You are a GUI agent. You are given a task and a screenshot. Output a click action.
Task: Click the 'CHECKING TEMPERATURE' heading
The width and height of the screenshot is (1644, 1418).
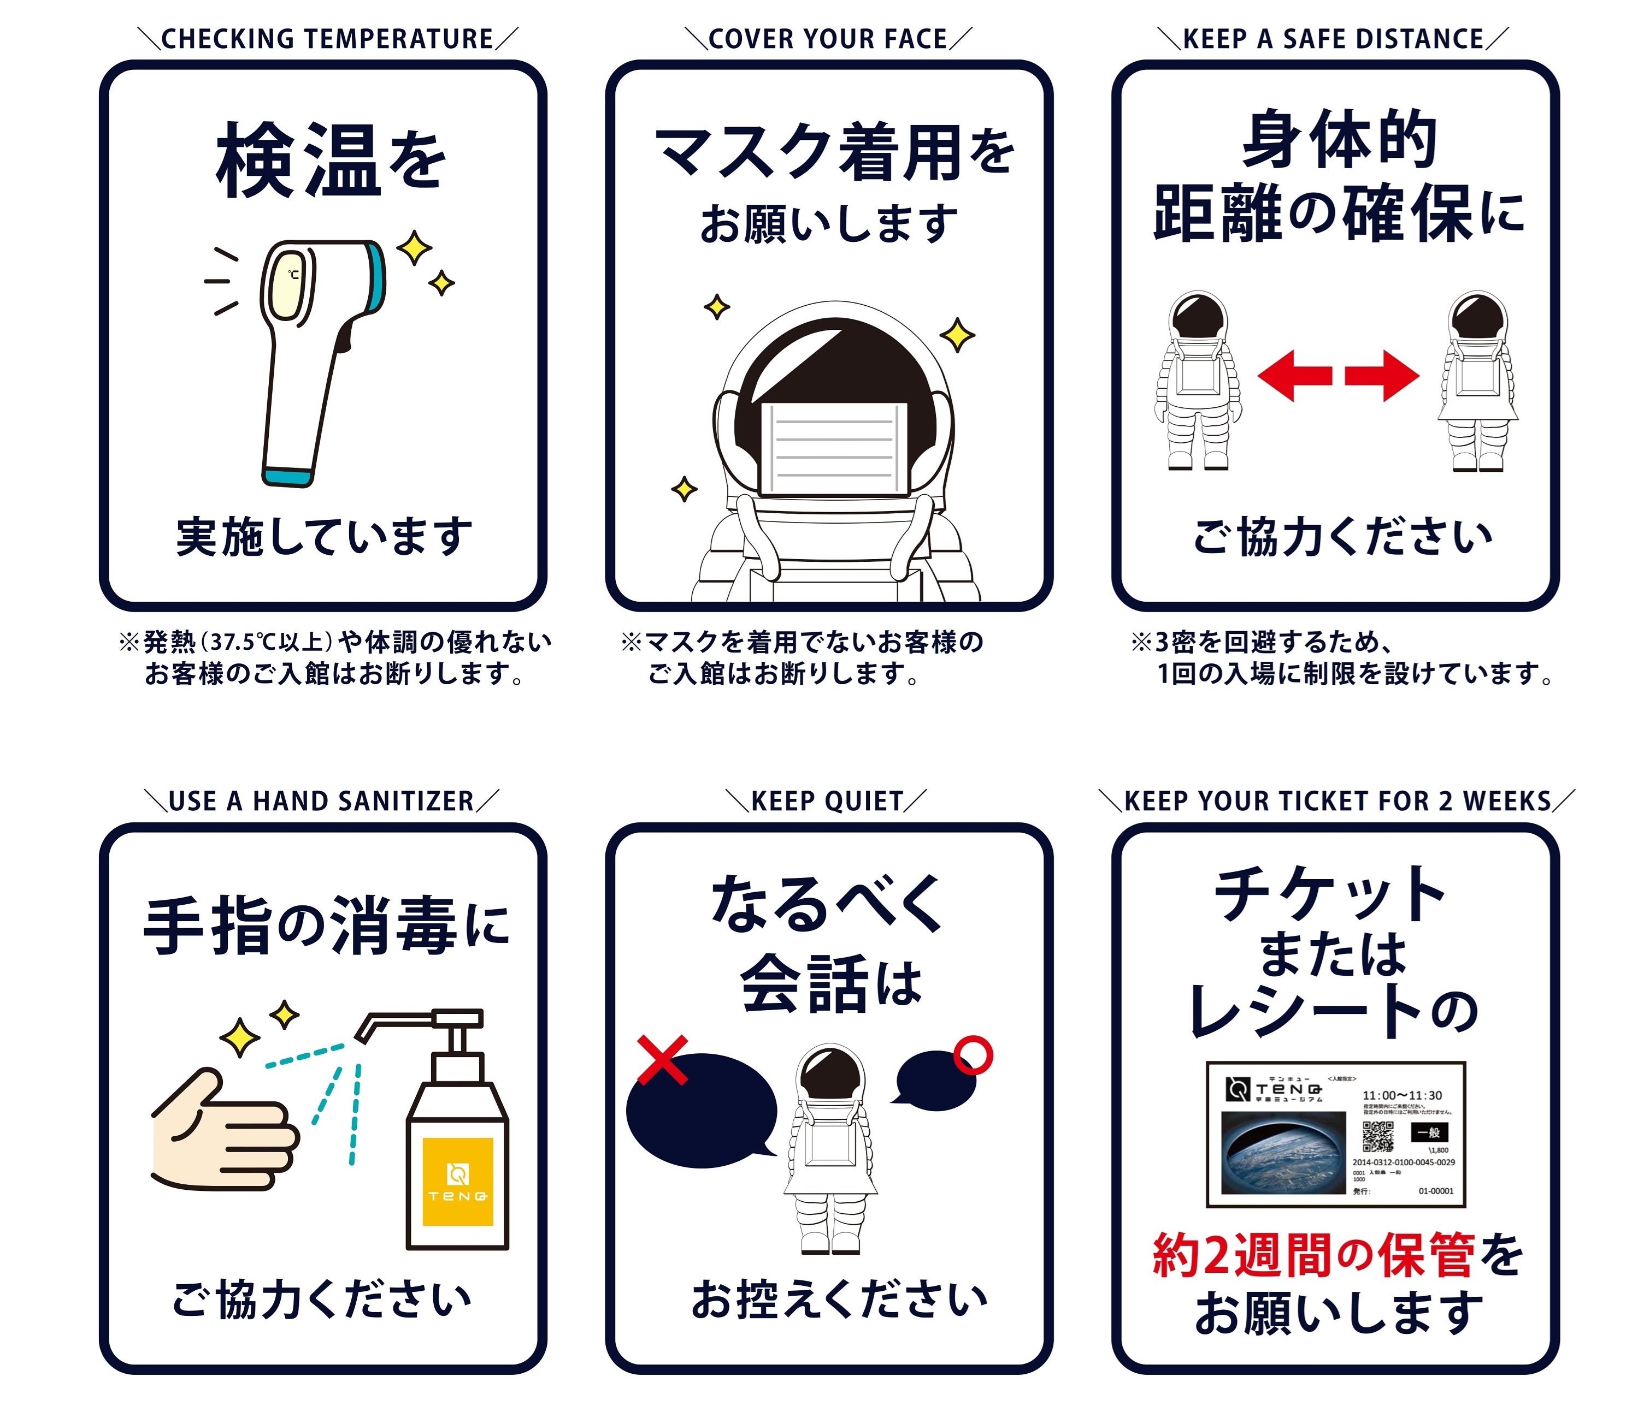point(327,39)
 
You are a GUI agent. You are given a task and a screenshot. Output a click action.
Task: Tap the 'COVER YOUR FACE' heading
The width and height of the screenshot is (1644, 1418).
point(828,39)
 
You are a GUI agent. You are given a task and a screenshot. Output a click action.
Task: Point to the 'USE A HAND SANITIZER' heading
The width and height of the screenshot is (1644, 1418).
point(321,802)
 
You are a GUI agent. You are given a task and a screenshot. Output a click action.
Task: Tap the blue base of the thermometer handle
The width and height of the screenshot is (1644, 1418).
point(288,476)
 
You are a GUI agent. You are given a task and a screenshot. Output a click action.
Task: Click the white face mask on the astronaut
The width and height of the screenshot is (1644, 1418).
point(833,449)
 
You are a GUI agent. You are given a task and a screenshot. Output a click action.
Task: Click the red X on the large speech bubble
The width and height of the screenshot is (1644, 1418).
point(663,1059)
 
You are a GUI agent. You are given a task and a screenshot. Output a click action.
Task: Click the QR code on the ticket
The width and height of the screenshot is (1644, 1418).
point(1377,1136)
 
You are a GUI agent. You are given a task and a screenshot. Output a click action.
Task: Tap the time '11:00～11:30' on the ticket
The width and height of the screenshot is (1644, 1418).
point(1402,1095)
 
